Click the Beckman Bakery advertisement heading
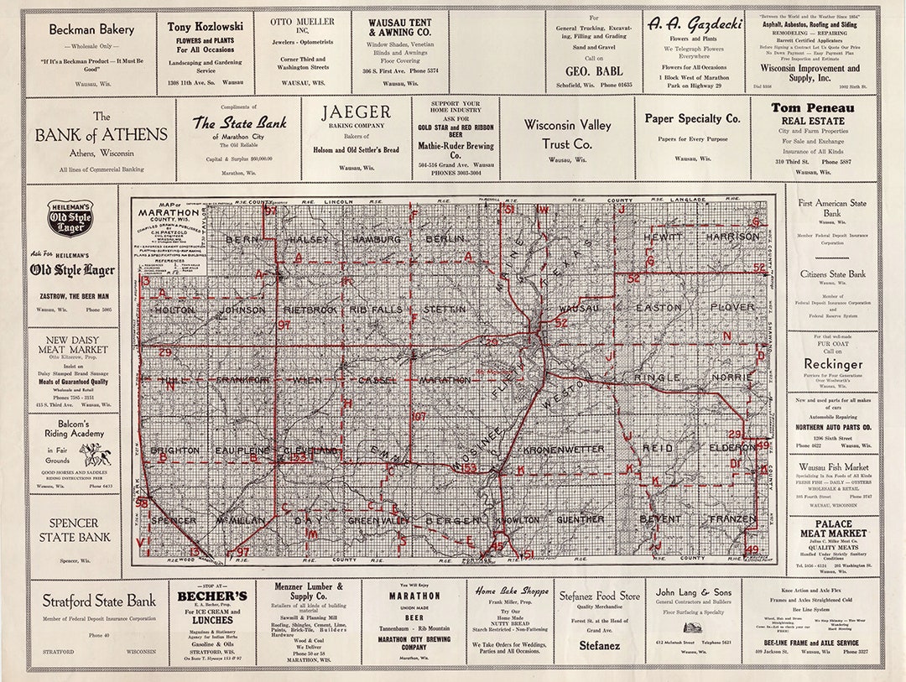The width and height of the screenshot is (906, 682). (91, 29)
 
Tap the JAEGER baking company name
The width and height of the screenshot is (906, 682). (357, 112)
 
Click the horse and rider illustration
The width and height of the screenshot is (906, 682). (95, 455)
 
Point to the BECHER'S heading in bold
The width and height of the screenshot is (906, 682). (211, 596)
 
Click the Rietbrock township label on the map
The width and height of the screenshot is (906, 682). (307, 310)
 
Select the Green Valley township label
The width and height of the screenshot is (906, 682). (378, 520)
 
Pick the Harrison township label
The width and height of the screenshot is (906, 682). (732, 237)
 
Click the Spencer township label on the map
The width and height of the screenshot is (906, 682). (173, 520)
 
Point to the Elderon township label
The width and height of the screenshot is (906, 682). (732, 449)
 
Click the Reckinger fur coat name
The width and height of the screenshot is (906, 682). (832, 364)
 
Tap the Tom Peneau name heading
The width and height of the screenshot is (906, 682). (812, 108)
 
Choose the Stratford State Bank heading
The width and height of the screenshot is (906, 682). (99, 601)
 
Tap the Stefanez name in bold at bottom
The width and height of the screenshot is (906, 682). (599, 646)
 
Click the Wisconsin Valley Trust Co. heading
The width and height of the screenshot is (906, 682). (567, 133)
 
